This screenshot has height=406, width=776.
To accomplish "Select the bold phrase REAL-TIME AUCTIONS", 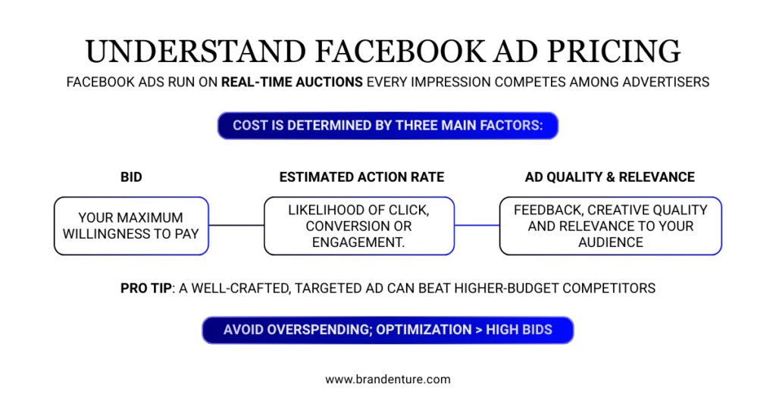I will click(292, 82).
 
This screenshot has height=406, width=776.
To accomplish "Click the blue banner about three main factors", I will click(387, 126).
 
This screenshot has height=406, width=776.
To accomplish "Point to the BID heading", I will click(131, 177).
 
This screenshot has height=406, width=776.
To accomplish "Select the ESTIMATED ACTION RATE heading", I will click(361, 177).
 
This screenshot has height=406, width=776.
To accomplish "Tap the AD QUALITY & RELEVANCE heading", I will click(609, 177).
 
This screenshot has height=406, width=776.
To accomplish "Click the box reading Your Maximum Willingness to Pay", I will click(131, 226).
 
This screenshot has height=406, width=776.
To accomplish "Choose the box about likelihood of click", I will click(358, 226).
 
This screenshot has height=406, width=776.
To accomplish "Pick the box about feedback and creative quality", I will click(610, 226).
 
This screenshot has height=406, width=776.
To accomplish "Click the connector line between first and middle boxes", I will click(236, 225).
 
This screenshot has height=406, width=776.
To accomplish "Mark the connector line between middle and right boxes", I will click(477, 225).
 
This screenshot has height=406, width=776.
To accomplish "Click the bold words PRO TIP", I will click(146, 289).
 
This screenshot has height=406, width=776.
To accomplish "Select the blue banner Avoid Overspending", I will click(387, 330).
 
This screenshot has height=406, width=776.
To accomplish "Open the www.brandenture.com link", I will click(387, 379).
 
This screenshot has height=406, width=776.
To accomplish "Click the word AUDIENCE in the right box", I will click(610, 242).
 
